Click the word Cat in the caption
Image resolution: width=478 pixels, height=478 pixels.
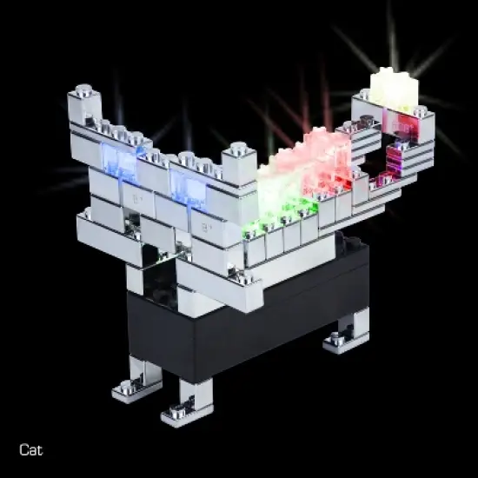click(x=30, y=449)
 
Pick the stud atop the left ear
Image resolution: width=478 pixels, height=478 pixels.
click(x=83, y=90)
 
